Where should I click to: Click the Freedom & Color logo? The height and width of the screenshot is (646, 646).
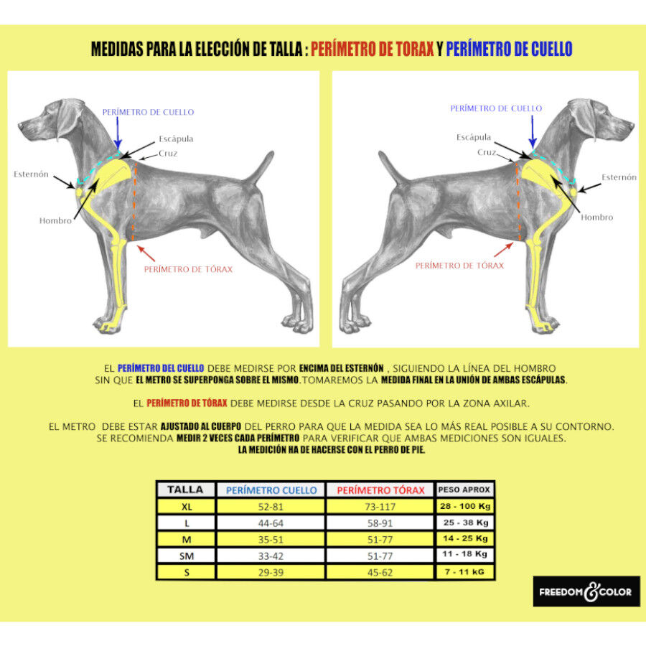[586, 591]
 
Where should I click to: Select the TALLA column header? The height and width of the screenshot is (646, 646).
[185, 490]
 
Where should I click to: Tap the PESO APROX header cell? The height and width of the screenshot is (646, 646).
[464, 490]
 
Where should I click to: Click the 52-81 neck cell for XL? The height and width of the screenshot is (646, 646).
[271, 506]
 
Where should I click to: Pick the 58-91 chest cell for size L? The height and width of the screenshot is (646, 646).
[380, 523]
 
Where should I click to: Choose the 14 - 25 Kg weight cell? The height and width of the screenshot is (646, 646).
[465, 538]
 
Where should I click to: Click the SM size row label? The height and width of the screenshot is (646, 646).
[187, 556]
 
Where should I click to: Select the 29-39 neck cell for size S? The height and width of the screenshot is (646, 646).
[271, 572]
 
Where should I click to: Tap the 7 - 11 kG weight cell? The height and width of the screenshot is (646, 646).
[464, 571]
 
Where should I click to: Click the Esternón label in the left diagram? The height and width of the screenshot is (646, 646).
[31, 174]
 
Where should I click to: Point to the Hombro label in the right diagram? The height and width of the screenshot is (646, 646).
[597, 217]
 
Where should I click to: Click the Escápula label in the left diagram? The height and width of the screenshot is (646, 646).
[176, 139]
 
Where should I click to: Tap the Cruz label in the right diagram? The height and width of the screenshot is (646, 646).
[487, 152]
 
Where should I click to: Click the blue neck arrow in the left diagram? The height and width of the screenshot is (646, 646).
[118, 133]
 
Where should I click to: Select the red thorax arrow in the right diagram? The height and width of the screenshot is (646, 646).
[503, 250]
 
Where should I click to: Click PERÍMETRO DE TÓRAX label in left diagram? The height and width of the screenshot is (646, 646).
[188, 269]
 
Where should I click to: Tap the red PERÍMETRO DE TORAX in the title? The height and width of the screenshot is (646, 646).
[372, 49]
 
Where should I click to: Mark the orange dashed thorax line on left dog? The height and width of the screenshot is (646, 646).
[134, 201]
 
